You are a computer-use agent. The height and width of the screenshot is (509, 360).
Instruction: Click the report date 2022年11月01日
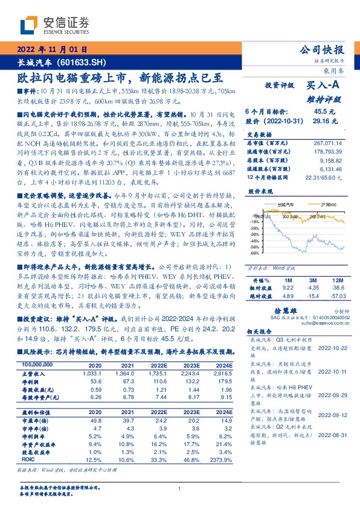(x=52, y=50)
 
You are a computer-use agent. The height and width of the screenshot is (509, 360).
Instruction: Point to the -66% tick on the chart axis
(x=254, y=253)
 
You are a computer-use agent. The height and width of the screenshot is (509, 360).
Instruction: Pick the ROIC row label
(x=28, y=459)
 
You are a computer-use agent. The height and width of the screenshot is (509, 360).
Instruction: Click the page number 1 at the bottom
(x=180, y=489)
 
